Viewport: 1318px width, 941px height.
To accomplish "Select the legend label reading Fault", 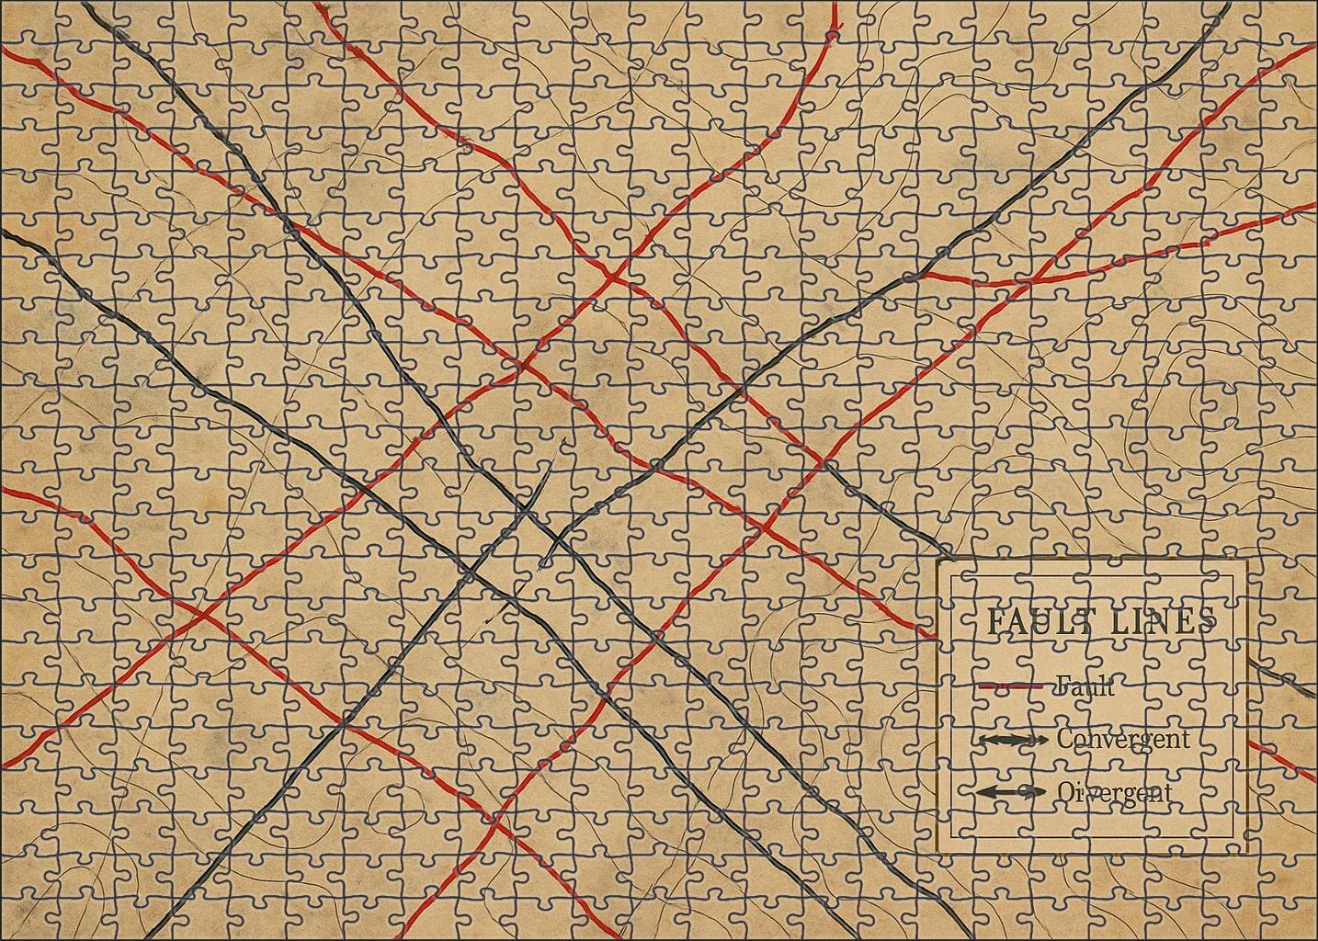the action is click(x=1085, y=686).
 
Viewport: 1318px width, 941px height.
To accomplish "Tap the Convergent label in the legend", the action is click(x=1122, y=739).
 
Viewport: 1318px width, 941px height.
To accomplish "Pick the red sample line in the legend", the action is click(x=1010, y=686).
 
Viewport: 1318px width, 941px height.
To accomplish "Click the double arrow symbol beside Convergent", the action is click(x=1012, y=740).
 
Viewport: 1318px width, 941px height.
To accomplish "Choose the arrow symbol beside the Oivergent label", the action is click(x=1010, y=792).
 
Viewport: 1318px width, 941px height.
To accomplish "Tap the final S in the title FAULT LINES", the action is click(x=1207, y=621).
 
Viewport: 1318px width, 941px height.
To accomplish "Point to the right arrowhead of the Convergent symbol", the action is click(x=1040, y=740).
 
